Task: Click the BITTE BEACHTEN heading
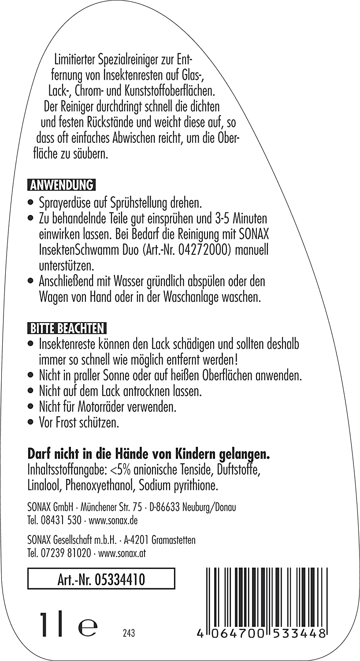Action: pyautogui.click(x=67, y=329)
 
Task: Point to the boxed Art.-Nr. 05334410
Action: pyautogui.click(x=101, y=580)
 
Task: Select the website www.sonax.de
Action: pyautogui.click(x=113, y=520)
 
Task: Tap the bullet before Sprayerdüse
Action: pyautogui.click(x=30, y=204)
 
